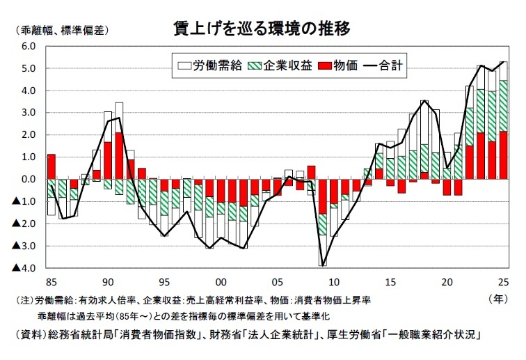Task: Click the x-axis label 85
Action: pyautogui.click(x=51, y=281)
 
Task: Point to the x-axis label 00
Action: pyautogui.click(x=221, y=281)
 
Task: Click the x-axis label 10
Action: pyautogui.click(x=334, y=281)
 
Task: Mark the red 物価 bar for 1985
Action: pyautogui.click(x=51, y=166)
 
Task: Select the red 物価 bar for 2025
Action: pyautogui.click(x=504, y=155)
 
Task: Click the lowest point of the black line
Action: pyautogui.click(x=322, y=265)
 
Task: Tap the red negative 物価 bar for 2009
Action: pyautogui.click(x=322, y=196)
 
